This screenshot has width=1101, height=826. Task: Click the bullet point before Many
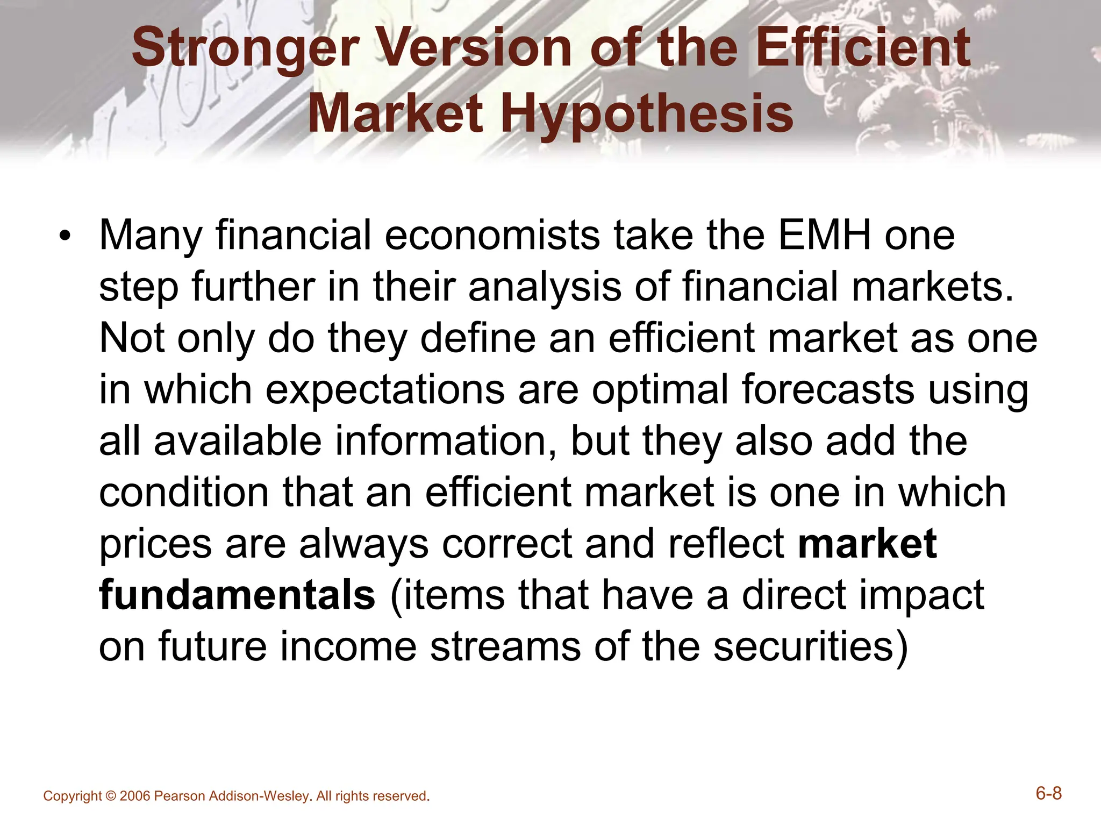(65, 237)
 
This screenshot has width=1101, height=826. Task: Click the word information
(446, 441)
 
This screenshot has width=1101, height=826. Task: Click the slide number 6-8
(1049, 794)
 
